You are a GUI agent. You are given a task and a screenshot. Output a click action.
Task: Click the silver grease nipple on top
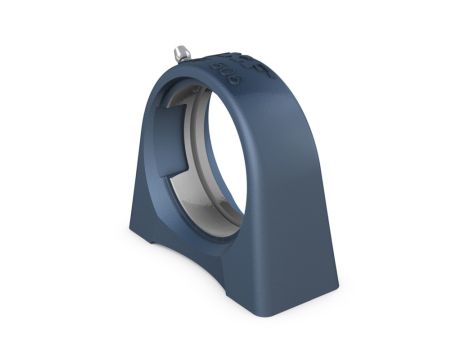[182, 51]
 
